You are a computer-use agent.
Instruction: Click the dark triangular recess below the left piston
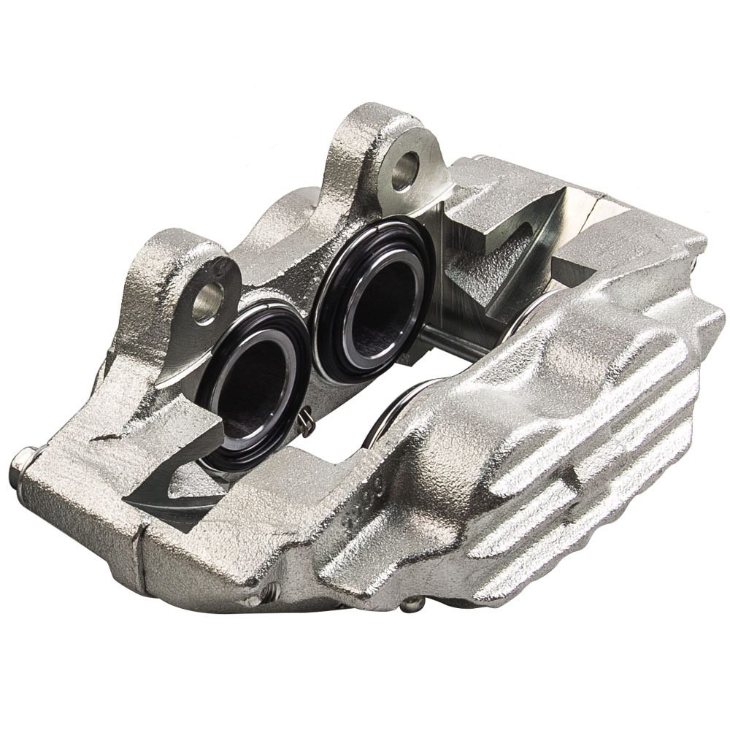point(164,496)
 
